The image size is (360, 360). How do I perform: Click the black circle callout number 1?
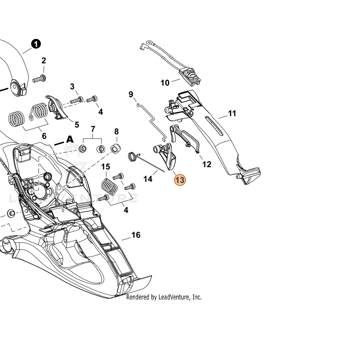(36, 44)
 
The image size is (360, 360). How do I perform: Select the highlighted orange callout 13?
(180, 180)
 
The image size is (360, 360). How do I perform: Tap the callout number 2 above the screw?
(43, 61)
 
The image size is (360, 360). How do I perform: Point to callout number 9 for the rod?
(131, 94)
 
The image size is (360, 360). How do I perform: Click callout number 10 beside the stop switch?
(165, 83)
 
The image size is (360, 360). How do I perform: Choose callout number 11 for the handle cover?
(232, 113)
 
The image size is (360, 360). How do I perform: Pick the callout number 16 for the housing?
(136, 235)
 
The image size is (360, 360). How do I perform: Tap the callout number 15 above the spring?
(106, 166)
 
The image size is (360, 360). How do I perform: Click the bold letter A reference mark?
(70, 139)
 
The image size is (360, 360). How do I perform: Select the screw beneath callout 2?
(39, 79)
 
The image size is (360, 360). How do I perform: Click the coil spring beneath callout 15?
(109, 187)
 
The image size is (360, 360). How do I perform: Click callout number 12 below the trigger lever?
(207, 164)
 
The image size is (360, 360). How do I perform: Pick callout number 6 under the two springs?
(44, 136)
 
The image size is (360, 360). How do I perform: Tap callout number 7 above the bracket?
(93, 129)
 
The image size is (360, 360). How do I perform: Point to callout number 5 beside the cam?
(77, 125)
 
